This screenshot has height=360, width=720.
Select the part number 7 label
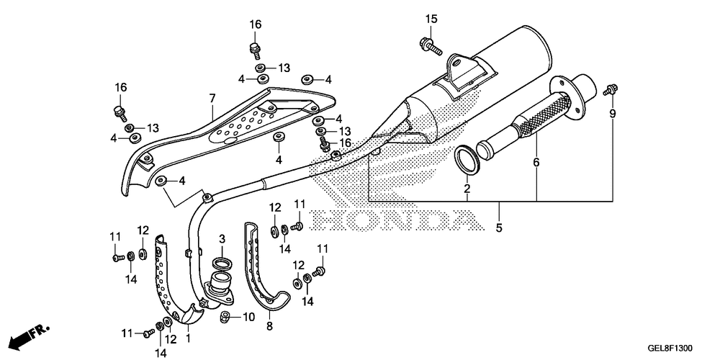pos(212,97)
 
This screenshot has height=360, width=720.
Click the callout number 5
pos(498,228)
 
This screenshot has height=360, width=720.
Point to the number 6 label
pos(536,163)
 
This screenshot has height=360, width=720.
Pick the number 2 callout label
pos(467,189)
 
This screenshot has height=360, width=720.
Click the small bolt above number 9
pos(611,89)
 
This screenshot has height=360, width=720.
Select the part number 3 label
pos(222,239)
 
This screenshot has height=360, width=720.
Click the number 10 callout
pos(248,317)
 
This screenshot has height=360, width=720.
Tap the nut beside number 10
pos(225,317)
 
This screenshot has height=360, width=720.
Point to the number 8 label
pos(269,326)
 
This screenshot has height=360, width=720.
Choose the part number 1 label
pos(189,337)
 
